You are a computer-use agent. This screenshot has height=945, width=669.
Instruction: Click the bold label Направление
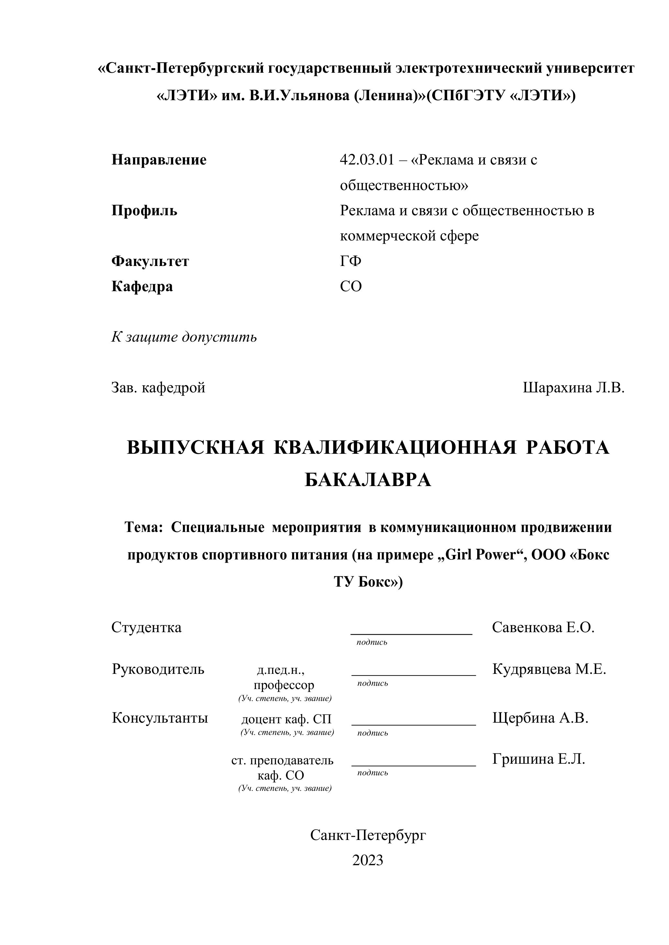point(159,160)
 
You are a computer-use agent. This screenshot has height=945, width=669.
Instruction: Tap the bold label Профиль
point(144,211)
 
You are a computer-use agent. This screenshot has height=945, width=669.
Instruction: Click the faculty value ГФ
point(351,261)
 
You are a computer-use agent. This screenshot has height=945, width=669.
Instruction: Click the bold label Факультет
point(150,261)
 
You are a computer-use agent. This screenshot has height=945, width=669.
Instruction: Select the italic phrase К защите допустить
point(184,337)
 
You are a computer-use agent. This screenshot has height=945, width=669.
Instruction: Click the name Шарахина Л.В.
point(574,388)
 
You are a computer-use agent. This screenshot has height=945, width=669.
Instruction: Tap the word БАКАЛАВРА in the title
point(367,480)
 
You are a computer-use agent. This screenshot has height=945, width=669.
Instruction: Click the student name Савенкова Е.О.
point(543,628)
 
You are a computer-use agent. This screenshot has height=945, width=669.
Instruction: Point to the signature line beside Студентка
point(411,634)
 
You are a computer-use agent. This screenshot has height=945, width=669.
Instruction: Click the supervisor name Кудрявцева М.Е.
point(549,669)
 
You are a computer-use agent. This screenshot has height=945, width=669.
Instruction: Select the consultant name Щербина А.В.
point(540,718)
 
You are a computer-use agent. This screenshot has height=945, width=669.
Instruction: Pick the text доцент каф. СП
point(286,719)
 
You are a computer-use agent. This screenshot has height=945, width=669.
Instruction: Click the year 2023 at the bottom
point(367,860)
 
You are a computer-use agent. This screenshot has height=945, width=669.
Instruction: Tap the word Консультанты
point(160,718)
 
